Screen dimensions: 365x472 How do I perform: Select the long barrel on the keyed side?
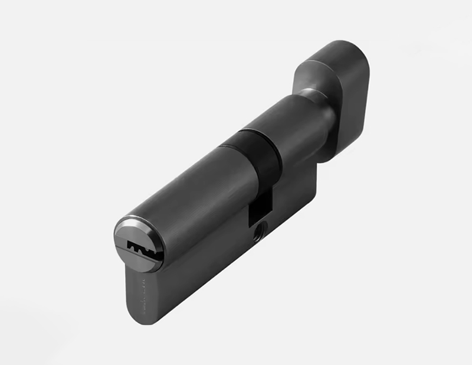pyautogui.click(x=189, y=195)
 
